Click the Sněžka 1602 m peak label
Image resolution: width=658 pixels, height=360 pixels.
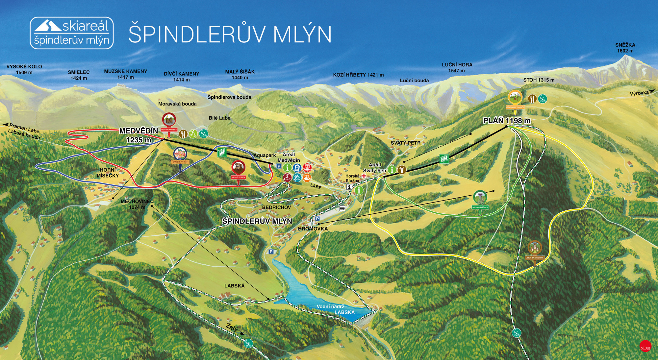click(625, 48)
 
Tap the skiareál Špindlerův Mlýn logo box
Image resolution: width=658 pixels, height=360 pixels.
click(72, 33)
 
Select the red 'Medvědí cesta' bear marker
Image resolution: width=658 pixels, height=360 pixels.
click(238, 168)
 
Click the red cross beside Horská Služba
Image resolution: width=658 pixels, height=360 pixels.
click(364, 176)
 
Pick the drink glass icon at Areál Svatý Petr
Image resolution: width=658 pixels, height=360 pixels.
click(401, 170)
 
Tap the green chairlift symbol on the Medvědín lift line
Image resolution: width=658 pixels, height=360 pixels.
click(222, 152)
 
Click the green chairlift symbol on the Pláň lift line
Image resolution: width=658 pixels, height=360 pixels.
click(444, 159)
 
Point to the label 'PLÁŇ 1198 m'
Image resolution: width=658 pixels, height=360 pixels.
click(507, 121)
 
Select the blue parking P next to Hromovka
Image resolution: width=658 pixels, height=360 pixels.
click(317, 219)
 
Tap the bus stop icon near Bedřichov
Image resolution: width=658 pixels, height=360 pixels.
click(342, 208)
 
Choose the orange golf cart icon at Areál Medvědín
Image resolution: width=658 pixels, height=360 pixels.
click(307, 178)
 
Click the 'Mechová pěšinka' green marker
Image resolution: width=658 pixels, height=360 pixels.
click(480, 199)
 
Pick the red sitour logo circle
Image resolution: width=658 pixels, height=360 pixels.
click(645, 347)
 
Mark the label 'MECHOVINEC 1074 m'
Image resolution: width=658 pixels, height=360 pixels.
click(137, 204)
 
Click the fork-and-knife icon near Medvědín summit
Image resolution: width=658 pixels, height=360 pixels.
click(183, 134)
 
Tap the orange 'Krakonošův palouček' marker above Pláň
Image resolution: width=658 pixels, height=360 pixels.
click(515, 98)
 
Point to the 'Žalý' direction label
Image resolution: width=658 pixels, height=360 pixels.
click(232, 327)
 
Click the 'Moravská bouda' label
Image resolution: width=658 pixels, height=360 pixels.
click(177, 104)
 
